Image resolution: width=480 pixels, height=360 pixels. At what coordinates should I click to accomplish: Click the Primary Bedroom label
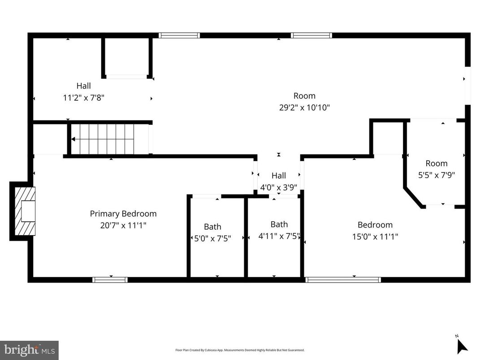123,214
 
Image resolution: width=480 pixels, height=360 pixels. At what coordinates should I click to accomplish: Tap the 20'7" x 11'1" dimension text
123,225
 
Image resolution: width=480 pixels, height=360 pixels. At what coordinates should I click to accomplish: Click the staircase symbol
103,139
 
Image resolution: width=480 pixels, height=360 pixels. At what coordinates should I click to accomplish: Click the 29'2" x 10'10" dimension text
304,107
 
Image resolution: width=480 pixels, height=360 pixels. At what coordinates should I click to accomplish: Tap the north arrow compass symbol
461,345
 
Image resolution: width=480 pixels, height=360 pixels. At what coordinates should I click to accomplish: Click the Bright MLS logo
29,350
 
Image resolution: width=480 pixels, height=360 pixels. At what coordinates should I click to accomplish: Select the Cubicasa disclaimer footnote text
240,350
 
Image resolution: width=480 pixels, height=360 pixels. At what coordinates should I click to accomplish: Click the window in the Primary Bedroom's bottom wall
110,280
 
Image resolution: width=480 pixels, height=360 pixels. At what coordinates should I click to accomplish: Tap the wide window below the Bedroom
343,280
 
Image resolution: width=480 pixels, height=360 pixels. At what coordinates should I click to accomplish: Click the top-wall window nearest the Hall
179,35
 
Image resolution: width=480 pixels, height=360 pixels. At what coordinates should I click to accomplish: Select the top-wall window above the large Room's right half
311,35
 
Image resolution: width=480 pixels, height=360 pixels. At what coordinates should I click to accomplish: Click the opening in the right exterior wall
467,86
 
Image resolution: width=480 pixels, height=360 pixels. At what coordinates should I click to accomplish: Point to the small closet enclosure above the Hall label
127,57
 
